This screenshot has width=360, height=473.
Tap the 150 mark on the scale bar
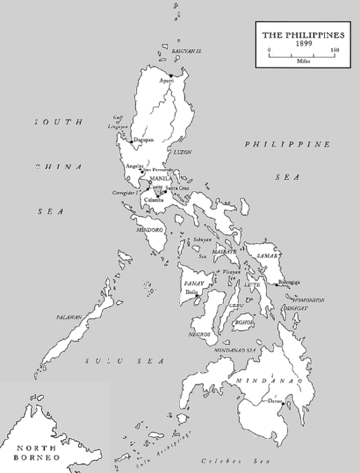coord(335,50)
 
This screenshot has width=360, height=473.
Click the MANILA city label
coord(149,181)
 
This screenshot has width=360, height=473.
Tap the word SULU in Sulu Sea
coord(98,361)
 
